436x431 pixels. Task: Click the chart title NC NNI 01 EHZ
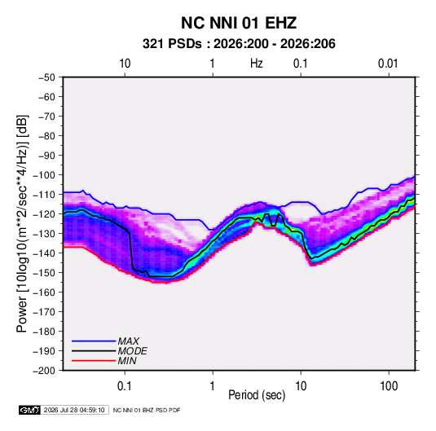pos(239,23)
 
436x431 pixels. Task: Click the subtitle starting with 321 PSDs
pos(239,44)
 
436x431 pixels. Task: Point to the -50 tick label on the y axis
pos(46,77)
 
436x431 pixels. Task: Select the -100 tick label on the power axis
pos(44,175)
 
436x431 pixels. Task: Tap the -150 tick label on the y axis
pos(44,272)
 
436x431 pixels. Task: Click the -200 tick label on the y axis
pos(44,371)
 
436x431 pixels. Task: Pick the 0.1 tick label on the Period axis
pos(125,386)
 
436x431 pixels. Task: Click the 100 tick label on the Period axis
pos(389,386)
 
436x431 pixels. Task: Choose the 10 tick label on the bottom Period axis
pos(301,386)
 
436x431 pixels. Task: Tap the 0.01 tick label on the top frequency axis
pos(388,64)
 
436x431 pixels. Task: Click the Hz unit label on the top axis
pos(257,64)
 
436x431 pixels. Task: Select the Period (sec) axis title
pos(257,395)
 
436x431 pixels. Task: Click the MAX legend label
pos(129,341)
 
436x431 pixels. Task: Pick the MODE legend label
pos(132,351)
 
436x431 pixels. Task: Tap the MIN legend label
pos(127,361)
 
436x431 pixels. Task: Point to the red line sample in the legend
pos(94,361)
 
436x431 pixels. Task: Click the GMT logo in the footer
pos(30,410)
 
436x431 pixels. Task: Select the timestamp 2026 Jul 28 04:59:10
pos(74,410)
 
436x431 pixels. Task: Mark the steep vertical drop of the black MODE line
pos(131,250)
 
